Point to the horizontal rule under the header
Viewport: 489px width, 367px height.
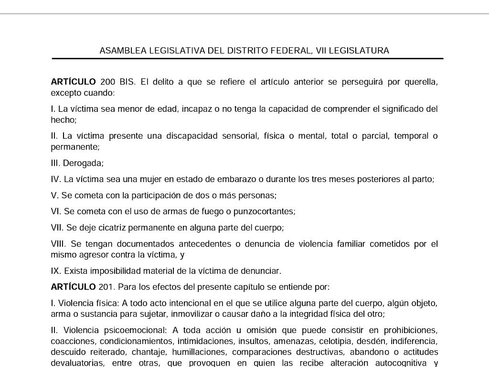[x=247, y=58]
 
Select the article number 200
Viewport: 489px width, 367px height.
[x=108, y=82]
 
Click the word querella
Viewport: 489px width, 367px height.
[x=421, y=82]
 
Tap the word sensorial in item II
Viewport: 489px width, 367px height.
[x=240, y=136]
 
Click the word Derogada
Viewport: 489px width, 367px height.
[x=83, y=163]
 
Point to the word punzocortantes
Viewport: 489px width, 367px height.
[x=264, y=212]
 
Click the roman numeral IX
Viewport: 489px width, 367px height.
[x=56, y=271]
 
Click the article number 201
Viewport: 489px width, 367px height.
[x=106, y=287]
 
